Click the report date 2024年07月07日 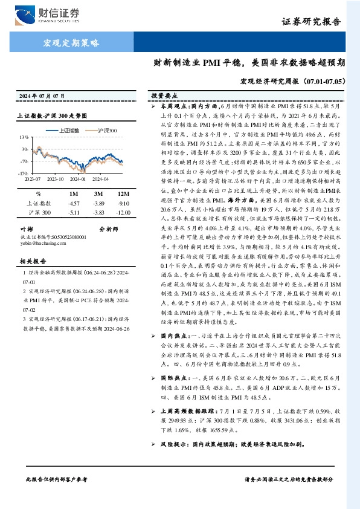coord(42,97)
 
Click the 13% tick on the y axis coord(24,137)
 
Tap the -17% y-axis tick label coord(22,173)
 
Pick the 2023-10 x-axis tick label coord(55,180)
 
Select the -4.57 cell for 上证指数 coord(75,204)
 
